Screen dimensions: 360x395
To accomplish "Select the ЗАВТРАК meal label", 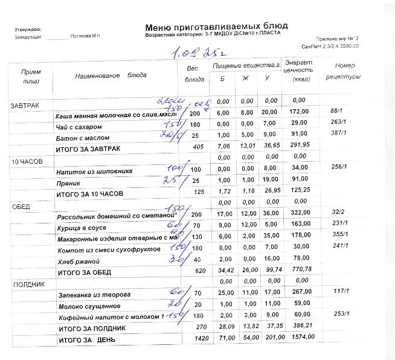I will pos(25,106).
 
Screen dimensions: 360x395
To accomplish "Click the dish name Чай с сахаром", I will pos(79,127).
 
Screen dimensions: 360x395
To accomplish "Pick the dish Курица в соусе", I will pos(81,228).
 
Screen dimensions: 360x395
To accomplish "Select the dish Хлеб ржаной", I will pos(77,262).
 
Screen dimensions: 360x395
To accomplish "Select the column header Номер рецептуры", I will pos(343,71).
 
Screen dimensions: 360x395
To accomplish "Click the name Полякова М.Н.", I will pos(85,37).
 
